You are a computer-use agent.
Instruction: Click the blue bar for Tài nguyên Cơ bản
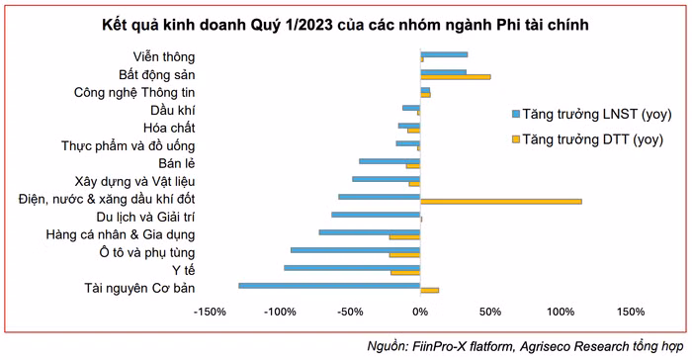point(329,286)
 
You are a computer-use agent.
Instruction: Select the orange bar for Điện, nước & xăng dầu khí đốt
point(500,201)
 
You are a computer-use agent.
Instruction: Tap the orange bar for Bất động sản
point(456,76)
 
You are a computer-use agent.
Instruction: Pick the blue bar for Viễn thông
point(444,53)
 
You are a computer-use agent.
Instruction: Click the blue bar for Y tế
point(352,268)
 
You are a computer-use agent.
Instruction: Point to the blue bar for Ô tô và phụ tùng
point(355,249)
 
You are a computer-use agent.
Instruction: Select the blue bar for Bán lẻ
point(389,160)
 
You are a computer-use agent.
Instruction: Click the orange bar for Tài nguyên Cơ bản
point(429,291)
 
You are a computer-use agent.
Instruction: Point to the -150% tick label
point(210,312)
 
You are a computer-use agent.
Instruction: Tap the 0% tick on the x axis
point(420,312)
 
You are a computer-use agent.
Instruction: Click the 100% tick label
point(560,312)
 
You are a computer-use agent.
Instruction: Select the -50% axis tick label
point(350,312)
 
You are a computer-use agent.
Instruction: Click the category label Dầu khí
point(173,110)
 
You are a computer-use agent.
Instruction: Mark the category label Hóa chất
point(169,129)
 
